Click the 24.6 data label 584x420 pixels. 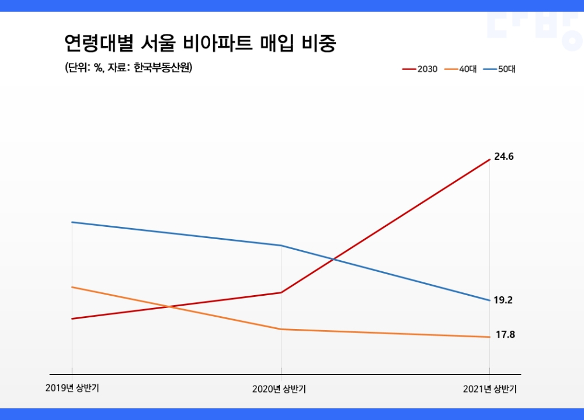click(x=503, y=157)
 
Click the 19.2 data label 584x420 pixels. click(x=503, y=300)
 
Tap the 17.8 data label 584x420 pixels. click(x=505, y=335)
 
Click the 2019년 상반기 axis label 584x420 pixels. click(x=72, y=388)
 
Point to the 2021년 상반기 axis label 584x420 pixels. click(x=489, y=389)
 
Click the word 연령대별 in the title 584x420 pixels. click(x=100, y=43)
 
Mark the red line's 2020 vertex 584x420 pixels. click(x=281, y=292)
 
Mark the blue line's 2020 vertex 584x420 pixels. click(x=281, y=245)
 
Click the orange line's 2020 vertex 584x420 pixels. click(x=281, y=329)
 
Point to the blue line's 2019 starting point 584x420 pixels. click(x=72, y=222)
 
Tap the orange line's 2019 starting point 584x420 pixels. click(x=72, y=287)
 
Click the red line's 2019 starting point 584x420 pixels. click(x=72, y=318)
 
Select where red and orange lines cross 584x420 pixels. click(x=170, y=306)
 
